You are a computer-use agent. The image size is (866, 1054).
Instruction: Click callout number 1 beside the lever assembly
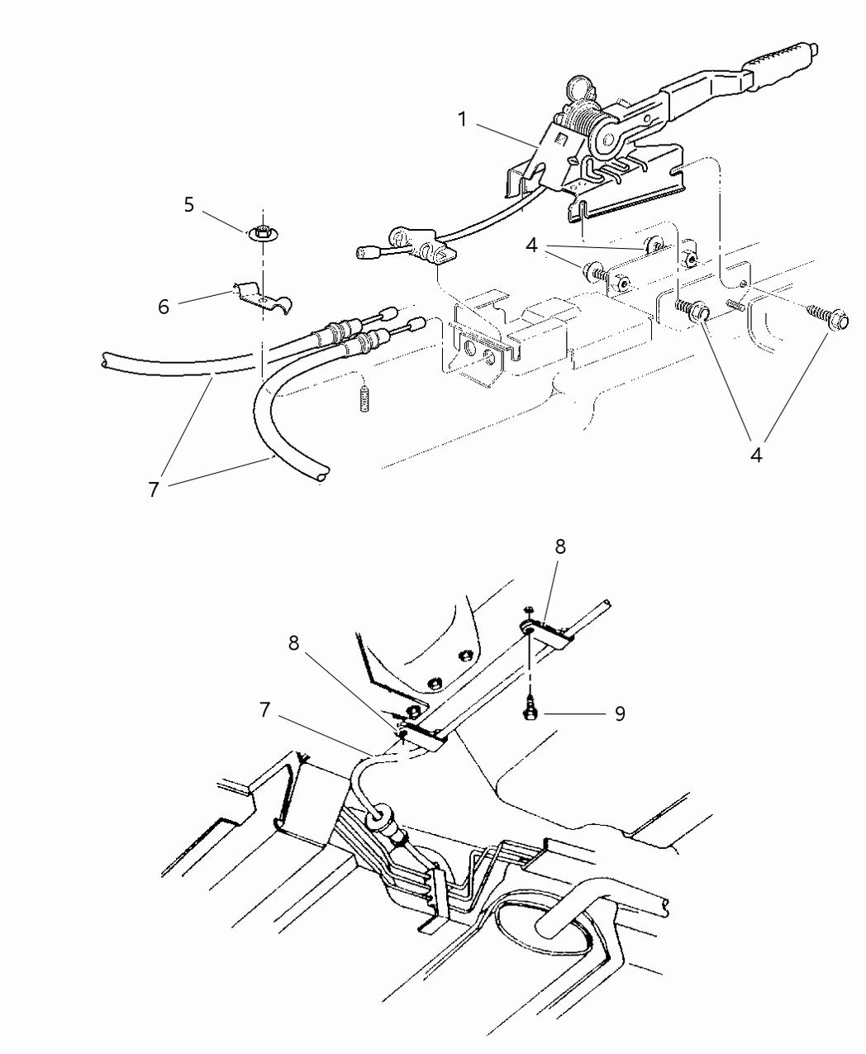[464, 119]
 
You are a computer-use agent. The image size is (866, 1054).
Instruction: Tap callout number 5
[189, 205]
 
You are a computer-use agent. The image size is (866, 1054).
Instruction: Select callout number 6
[164, 306]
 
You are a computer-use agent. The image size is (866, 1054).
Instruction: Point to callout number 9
[619, 713]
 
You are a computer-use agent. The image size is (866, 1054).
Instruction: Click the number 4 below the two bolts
[757, 453]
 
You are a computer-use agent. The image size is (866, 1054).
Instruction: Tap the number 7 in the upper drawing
[153, 489]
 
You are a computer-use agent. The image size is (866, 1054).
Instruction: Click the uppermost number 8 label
[561, 548]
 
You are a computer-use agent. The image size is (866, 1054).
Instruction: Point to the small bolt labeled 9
[530, 710]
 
